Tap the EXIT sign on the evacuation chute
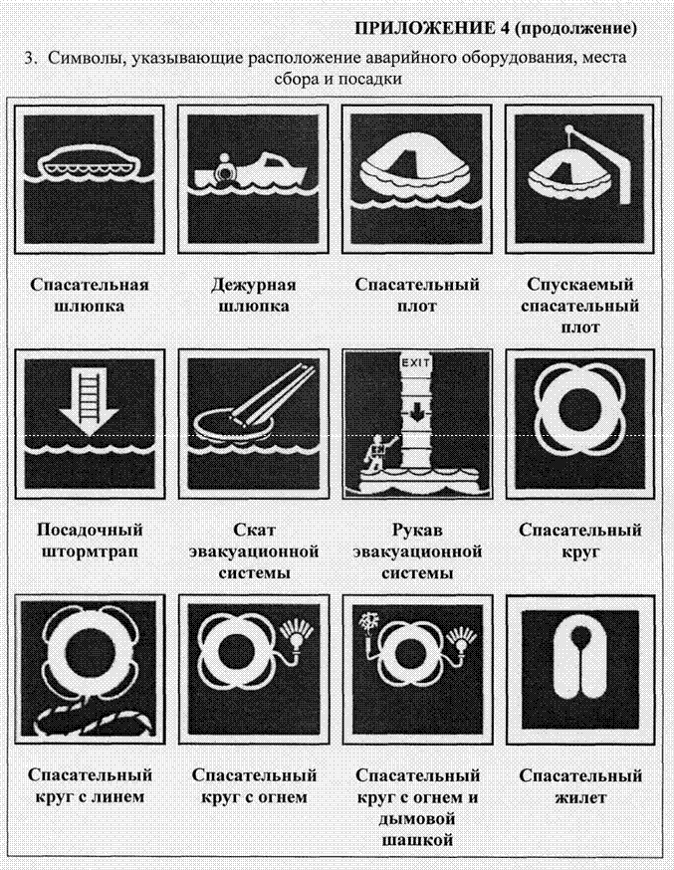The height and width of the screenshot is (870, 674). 416,362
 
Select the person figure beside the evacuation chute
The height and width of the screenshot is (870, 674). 377,449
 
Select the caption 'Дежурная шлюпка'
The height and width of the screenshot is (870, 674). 254,296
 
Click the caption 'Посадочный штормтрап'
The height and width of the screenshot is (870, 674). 90,541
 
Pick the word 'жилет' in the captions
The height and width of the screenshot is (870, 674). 580,797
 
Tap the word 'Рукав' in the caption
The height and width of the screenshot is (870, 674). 418,530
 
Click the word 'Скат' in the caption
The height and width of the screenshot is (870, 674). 254,530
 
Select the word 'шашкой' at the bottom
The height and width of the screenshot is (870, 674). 417,840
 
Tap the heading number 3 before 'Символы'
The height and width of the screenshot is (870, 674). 30,57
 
